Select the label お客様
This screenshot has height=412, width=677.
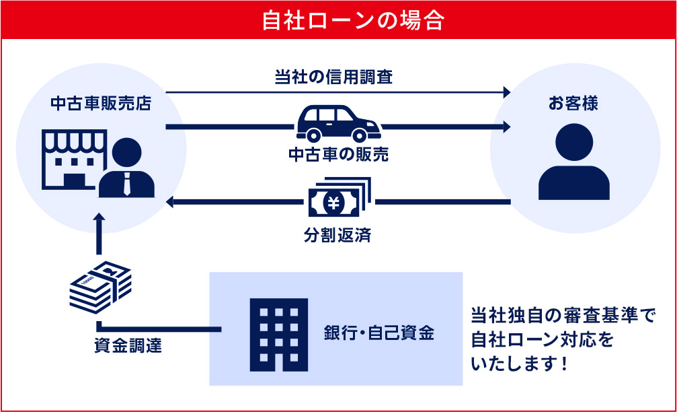573,104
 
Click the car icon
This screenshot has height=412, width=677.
338,123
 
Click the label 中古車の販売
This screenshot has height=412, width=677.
339,154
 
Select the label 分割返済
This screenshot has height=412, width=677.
339,236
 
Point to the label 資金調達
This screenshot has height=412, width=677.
127,347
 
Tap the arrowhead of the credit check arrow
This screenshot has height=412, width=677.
506,92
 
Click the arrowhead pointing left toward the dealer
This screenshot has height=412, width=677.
171,201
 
